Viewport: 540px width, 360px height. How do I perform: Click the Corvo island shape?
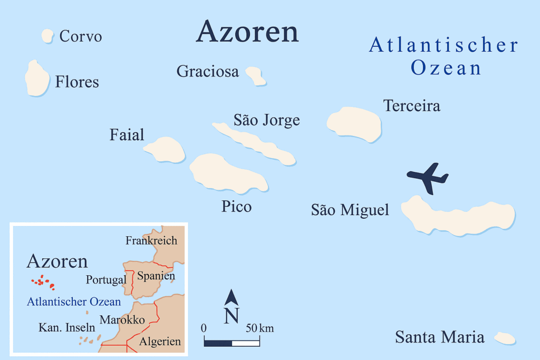coord(47,36)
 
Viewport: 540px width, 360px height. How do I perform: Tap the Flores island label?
coord(77,82)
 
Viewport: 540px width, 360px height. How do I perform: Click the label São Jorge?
coord(267,120)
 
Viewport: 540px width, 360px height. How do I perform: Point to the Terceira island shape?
coord(354,124)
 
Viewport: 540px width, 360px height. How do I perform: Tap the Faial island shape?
coord(165,150)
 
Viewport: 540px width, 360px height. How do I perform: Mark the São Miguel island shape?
coord(457,216)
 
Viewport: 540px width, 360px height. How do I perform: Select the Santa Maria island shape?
coord(505,338)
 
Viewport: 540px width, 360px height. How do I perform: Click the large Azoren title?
coord(247,33)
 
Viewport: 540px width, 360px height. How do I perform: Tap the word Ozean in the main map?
coord(446,69)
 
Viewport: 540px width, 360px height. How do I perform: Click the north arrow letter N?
coord(231,316)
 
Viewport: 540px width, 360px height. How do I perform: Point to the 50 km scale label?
coord(259,328)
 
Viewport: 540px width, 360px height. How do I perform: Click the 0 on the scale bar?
coord(204,328)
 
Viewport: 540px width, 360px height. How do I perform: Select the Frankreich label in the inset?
coord(151,241)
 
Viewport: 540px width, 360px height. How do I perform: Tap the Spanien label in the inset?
coord(156,276)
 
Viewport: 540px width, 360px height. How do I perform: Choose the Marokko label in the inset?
coord(122,319)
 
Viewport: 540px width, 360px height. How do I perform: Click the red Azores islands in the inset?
coord(43,282)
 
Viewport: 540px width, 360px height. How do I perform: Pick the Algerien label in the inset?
coord(160,342)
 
